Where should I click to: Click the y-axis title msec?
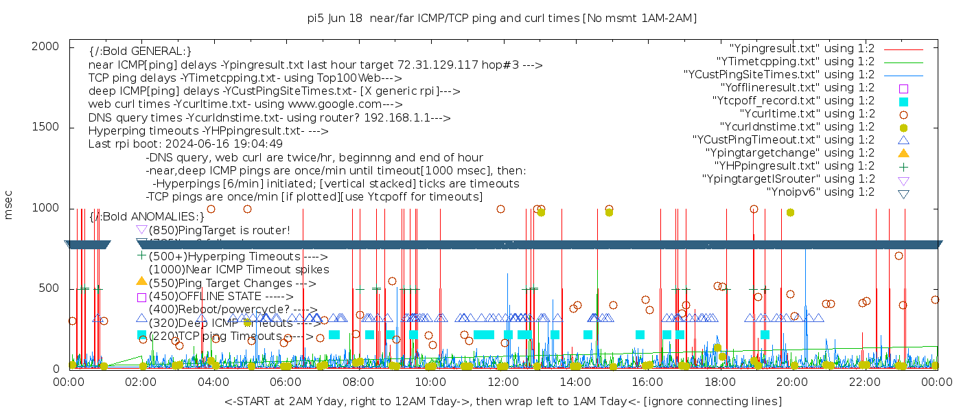pyautogui.click(x=9, y=204)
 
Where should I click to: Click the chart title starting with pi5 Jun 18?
pyautogui.click(x=502, y=19)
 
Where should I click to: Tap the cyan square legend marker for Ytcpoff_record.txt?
pyautogui.click(x=903, y=101)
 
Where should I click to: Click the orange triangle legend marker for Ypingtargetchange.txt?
pyautogui.click(x=903, y=153)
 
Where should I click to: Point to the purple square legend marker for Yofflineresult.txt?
pyautogui.click(x=903, y=88)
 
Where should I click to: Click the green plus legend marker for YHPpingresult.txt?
pyautogui.click(x=903, y=166)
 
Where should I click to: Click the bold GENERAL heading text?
pyautogui.click(x=140, y=51)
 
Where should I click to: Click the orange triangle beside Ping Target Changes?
pyautogui.click(x=141, y=281)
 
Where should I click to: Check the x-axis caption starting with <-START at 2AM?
pyautogui.click(x=502, y=401)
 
